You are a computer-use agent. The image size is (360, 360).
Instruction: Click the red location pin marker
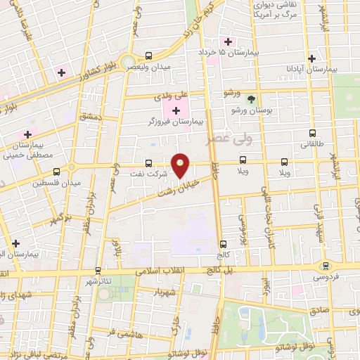181,165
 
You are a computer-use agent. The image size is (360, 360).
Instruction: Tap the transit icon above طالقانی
312,132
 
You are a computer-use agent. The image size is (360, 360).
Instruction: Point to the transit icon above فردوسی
325,265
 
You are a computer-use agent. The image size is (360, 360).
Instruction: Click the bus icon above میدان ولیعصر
148,56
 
